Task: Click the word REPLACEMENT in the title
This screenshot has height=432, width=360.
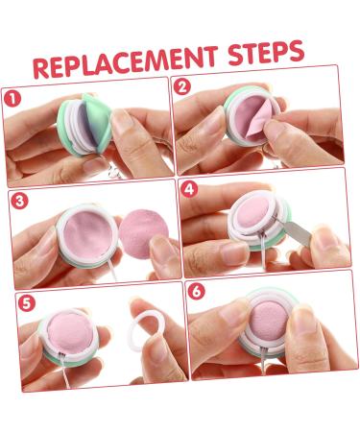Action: click(126, 62)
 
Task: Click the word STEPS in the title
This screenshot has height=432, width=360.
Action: click(266, 52)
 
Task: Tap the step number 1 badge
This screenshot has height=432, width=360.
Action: click(12, 99)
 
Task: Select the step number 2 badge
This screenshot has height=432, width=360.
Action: click(182, 86)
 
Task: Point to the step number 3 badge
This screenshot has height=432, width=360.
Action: click(19, 201)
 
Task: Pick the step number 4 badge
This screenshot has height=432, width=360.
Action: click(189, 189)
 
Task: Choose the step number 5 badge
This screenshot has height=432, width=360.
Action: click(26, 303)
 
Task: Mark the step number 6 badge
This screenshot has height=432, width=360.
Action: click(196, 291)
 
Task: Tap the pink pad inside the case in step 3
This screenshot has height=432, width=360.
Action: click(88, 235)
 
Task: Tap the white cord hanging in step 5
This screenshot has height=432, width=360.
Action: click(65, 372)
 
